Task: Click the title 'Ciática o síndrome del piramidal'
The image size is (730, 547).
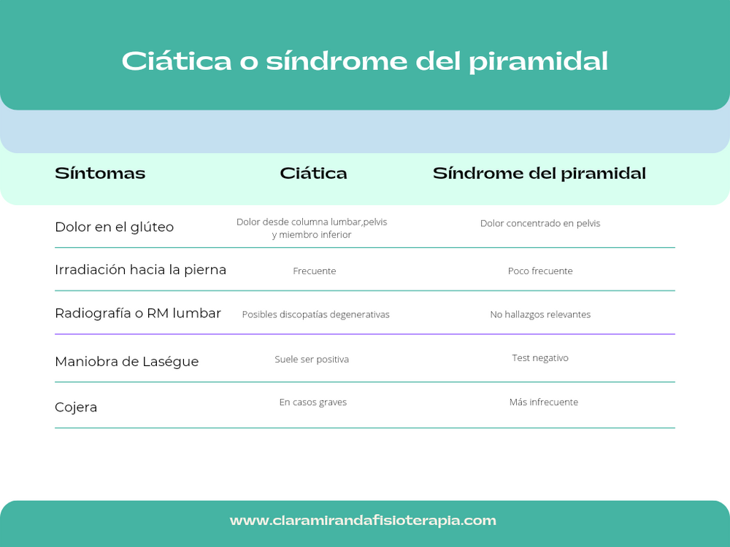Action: click(x=364, y=61)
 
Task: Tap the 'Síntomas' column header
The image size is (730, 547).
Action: click(x=100, y=174)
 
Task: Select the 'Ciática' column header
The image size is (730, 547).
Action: click(x=313, y=174)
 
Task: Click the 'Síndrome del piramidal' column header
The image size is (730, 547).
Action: click(x=539, y=174)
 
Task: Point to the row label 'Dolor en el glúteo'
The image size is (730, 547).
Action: click(x=115, y=227)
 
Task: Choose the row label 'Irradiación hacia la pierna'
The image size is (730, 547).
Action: click(x=140, y=270)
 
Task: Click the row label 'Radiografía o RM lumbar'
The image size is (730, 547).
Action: click(x=138, y=314)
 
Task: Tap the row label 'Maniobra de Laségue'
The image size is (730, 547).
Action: click(x=127, y=362)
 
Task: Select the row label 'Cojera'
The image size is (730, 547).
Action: click(x=76, y=407)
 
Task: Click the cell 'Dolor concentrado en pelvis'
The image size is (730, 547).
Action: click(x=540, y=223)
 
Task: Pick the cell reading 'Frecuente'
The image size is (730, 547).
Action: click(x=315, y=271)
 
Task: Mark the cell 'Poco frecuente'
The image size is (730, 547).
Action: click(x=540, y=271)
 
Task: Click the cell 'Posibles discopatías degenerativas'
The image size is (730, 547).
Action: click(x=316, y=314)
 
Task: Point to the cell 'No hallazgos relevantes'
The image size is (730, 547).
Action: click(x=540, y=314)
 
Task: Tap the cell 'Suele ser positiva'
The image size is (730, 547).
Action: click(x=312, y=360)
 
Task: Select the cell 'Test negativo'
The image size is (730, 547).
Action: click(x=540, y=358)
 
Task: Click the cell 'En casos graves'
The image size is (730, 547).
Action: click(x=313, y=403)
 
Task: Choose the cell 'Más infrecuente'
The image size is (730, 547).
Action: click(x=544, y=403)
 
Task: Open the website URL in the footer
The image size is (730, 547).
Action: click(x=363, y=521)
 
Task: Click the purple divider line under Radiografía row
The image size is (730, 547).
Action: click(x=365, y=334)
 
